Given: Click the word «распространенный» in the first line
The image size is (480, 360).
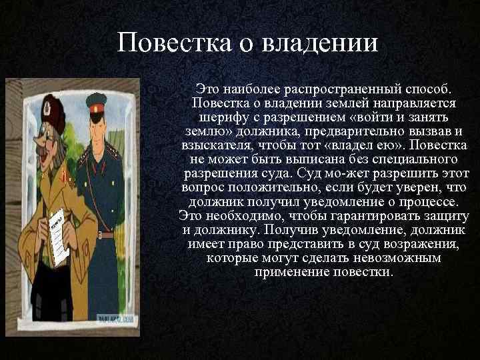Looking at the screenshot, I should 335,89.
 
